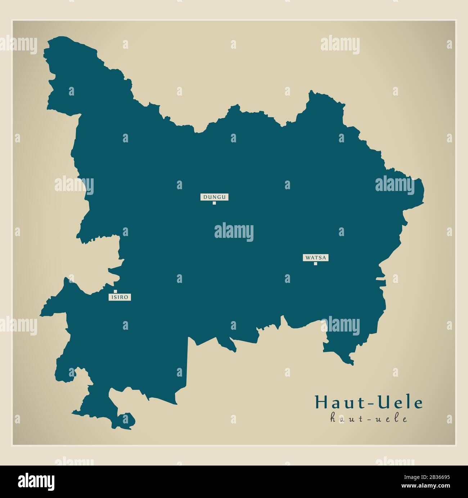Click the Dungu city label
coord(215,197)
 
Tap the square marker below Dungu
coord(214,203)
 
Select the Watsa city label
coord(315,258)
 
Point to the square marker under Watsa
coord(315,264)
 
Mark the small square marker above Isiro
coord(115,292)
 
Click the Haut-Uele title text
coord(369,403)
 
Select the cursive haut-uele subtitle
coord(369,419)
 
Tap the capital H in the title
coord(321,403)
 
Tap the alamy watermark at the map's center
coord(234,232)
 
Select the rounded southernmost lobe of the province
coord(127,421)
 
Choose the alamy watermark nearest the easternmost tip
coord(395,185)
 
